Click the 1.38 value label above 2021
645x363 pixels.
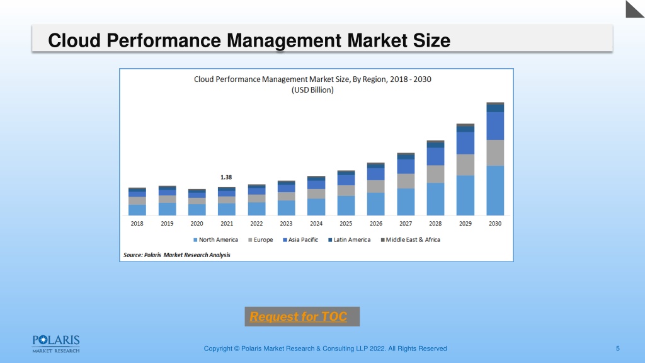[x=226, y=177]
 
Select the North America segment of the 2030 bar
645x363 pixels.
[x=495, y=190]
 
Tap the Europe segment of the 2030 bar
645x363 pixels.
[x=495, y=153]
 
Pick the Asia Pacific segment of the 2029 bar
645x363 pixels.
[x=465, y=143]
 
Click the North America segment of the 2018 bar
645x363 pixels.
[x=137, y=210]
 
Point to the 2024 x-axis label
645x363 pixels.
[x=316, y=224]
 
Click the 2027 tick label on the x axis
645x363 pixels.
[x=406, y=224]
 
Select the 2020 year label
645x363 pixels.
[x=197, y=224]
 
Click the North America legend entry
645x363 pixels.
[x=215, y=240]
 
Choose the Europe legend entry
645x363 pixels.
[x=260, y=240]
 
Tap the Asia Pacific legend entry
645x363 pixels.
[x=300, y=240]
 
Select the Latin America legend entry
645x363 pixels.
[x=349, y=240]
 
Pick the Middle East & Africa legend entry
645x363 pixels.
[x=410, y=240]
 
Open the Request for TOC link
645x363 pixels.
[x=298, y=316]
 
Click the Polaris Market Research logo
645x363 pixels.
[x=56, y=344]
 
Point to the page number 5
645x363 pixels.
[x=617, y=349]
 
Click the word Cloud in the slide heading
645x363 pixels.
[x=74, y=40]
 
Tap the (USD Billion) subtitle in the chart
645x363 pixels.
[x=312, y=90]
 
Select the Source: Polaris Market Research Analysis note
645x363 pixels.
[x=177, y=255]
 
